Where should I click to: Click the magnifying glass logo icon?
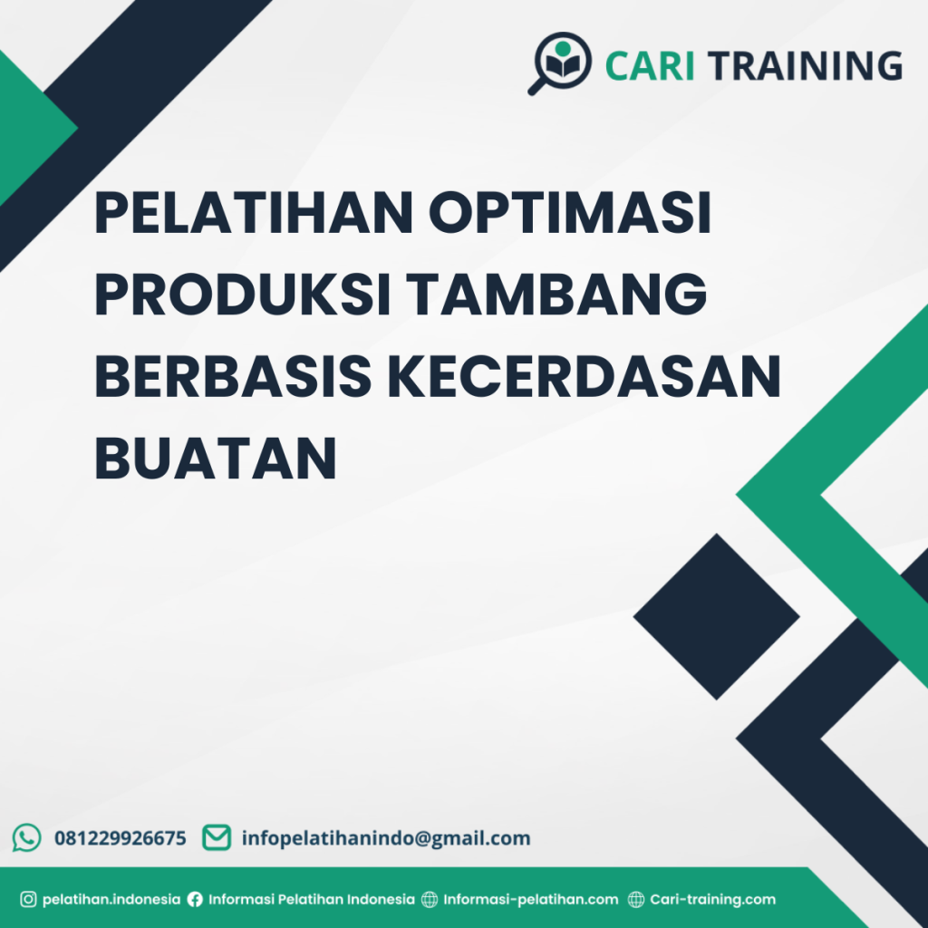(560, 63)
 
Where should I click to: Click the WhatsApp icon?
(27, 837)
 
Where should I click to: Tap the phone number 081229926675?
(121, 838)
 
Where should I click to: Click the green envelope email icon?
(217, 837)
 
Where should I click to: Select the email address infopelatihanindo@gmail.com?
(386, 838)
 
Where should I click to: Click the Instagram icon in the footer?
(28, 900)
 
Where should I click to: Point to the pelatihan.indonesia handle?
(111, 900)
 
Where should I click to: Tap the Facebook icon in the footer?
(195, 900)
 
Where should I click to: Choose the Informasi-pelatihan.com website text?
(531, 900)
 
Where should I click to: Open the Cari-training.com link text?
(713, 900)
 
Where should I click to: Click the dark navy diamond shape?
(716, 616)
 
